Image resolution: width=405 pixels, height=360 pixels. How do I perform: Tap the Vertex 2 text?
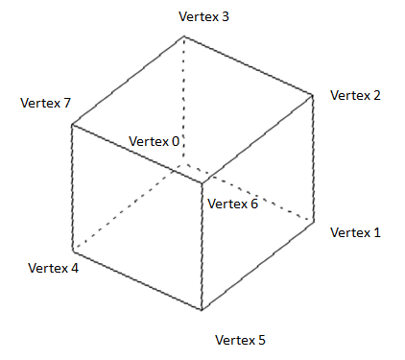pos(355,95)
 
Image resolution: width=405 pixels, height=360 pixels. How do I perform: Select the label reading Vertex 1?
pos(355,232)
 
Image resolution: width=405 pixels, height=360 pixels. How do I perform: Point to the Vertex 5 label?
pos(240,340)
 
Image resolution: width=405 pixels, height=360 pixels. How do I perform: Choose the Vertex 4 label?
pos(54,267)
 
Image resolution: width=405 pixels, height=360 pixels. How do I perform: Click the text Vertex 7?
pos(45,103)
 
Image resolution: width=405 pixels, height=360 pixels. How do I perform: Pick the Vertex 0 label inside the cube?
pos(155,141)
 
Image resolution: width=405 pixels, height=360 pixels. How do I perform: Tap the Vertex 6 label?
pos(232,204)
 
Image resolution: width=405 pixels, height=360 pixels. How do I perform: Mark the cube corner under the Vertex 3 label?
pos(183,37)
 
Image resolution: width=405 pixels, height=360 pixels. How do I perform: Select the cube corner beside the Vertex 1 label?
pos(314,222)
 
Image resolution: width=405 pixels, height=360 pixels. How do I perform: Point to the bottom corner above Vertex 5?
pos(202,310)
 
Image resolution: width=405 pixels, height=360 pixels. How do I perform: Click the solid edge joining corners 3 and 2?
pos(249,65)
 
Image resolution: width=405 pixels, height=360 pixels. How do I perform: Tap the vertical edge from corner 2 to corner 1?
pos(314,158)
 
